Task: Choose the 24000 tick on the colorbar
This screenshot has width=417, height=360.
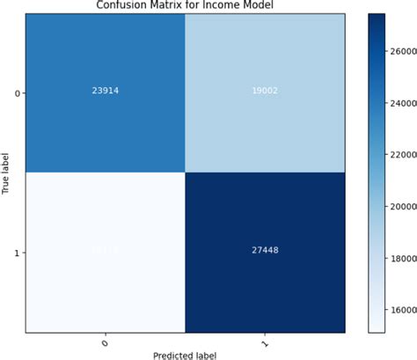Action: pyautogui.click(x=401, y=104)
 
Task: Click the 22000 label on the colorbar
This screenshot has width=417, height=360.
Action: pyautogui.click(x=401, y=155)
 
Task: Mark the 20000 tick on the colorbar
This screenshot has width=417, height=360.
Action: pyautogui.click(x=401, y=207)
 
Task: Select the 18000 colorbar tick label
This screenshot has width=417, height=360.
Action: pyautogui.click(x=401, y=258)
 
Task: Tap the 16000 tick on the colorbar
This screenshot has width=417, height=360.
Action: pyautogui.click(x=401, y=310)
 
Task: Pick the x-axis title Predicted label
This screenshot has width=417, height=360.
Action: pyautogui.click(x=184, y=353)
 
